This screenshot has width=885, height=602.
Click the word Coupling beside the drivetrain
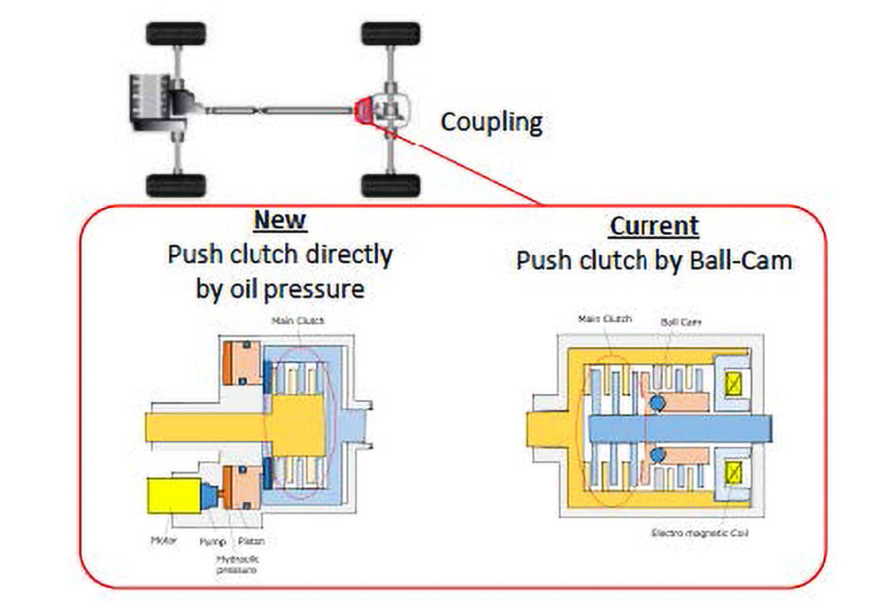[x=491, y=122]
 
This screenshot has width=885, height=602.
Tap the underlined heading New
[x=280, y=220]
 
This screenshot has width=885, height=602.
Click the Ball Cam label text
[x=681, y=322]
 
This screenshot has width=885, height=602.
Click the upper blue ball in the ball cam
[x=656, y=403]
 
